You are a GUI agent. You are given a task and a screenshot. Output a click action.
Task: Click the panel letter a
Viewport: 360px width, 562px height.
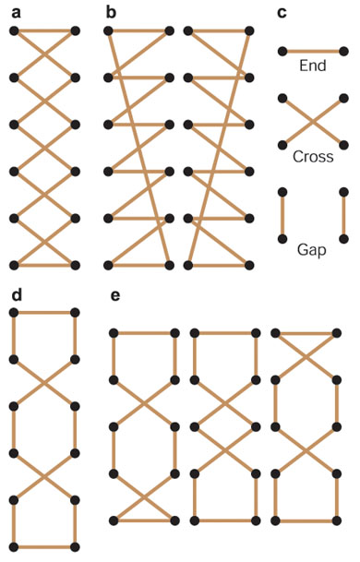pyautogui.click(x=16, y=14)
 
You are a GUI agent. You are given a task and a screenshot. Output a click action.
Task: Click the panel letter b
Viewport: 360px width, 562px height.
pyautogui.click(x=111, y=13)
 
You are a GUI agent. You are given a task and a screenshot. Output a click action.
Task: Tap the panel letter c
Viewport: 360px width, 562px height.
pyautogui.click(x=282, y=14)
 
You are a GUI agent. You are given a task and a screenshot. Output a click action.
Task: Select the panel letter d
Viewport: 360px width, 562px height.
pyautogui.click(x=17, y=295)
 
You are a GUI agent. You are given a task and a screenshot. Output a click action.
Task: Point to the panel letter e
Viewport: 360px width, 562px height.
pyautogui.click(x=115, y=296)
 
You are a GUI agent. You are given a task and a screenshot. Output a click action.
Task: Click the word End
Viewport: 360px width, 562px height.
pyautogui.click(x=313, y=66)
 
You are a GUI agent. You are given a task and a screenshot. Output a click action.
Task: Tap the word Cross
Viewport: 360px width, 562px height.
pyautogui.click(x=313, y=157)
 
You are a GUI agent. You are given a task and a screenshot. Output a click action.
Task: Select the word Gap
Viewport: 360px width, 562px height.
pyautogui.click(x=312, y=250)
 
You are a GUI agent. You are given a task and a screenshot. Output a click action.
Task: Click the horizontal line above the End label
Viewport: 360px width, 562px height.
pyautogui.click(x=313, y=52)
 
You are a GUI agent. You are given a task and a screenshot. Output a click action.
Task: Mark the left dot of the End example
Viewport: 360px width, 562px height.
pyautogui.click(x=282, y=52)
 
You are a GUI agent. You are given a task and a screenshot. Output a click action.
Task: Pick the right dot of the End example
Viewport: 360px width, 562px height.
pyautogui.click(x=343, y=52)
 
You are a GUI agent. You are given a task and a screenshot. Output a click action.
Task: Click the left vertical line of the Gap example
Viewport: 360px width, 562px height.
pyautogui.click(x=282, y=215)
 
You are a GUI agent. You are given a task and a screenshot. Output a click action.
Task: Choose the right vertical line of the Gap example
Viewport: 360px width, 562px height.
pyautogui.click(x=343, y=215)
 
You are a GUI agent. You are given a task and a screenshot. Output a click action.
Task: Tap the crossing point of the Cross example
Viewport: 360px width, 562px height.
pyautogui.click(x=313, y=122)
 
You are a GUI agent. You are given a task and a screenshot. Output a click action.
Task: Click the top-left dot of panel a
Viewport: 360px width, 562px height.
pyautogui.click(x=14, y=31)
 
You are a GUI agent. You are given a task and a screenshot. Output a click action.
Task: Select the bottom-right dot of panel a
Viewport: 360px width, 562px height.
pyautogui.click(x=75, y=265)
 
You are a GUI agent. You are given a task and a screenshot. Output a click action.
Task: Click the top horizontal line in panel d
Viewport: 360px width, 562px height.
pyautogui.click(x=44, y=313)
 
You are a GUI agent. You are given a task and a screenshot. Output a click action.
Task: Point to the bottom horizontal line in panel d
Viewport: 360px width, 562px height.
pyautogui.click(x=44, y=547)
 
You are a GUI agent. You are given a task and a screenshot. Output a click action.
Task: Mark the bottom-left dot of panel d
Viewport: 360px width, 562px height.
pyautogui.click(x=14, y=547)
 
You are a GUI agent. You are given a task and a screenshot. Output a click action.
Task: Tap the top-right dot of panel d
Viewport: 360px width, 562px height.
pyautogui.click(x=75, y=313)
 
